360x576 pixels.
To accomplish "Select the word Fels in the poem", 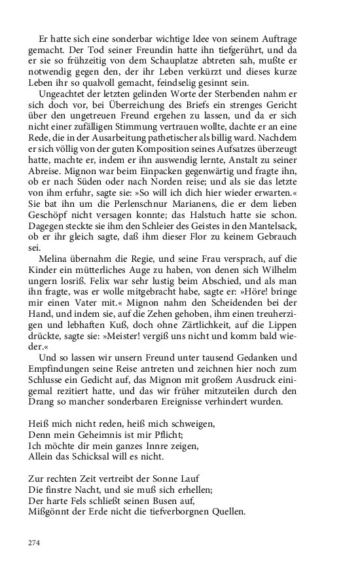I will pos(87,501).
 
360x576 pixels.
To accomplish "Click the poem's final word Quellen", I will pos(225,514).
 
